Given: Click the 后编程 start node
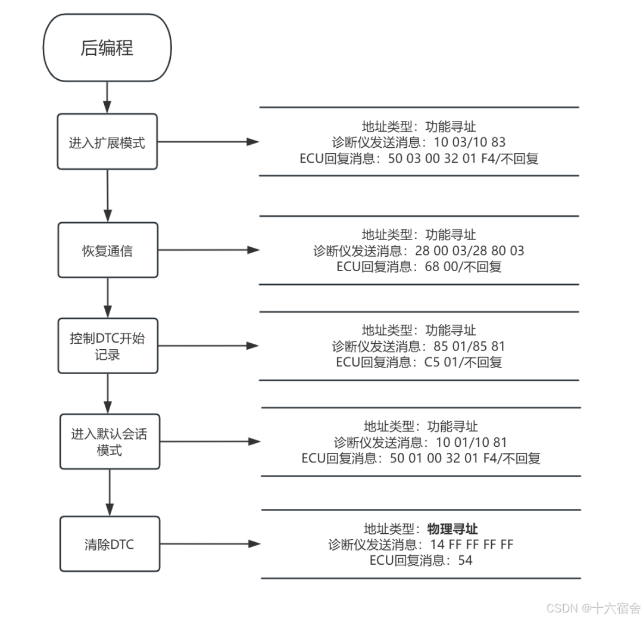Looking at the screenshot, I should click(x=107, y=48).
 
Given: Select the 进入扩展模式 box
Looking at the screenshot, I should click(x=108, y=142).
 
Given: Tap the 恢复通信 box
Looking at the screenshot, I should click(x=108, y=250).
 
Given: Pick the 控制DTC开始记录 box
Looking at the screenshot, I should click(x=108, y=346).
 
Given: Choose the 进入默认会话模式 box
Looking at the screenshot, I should click(x=110, y=441).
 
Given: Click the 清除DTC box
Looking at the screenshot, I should click(x=110, y=544).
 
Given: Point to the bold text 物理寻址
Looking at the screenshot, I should click(x=452, y=529).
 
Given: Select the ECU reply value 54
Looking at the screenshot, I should click(x=465, y=560).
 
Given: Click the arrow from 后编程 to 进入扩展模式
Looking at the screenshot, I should click(x=107, y=97).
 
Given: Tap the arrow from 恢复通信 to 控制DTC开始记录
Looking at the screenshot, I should click(x=108, y=297).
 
